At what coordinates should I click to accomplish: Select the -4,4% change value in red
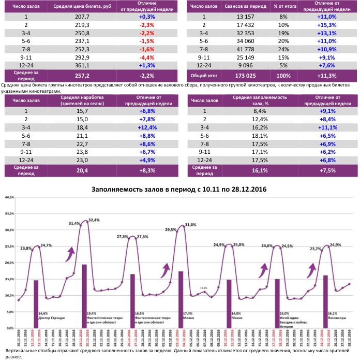pos(147,57)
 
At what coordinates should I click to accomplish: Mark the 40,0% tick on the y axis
pos(9,198)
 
